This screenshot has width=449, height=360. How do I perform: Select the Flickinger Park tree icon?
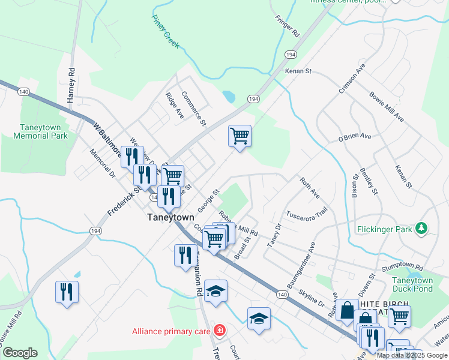422,228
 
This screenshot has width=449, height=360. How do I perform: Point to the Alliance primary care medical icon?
220,331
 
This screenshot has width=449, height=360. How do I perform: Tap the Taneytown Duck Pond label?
412,284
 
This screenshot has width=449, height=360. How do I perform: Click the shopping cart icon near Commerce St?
240,136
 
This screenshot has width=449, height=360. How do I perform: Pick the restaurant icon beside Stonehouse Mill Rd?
67,292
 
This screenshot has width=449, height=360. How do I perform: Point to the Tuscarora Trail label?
306,214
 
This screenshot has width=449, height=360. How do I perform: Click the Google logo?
19,353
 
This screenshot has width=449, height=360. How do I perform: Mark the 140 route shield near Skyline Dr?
282,295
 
